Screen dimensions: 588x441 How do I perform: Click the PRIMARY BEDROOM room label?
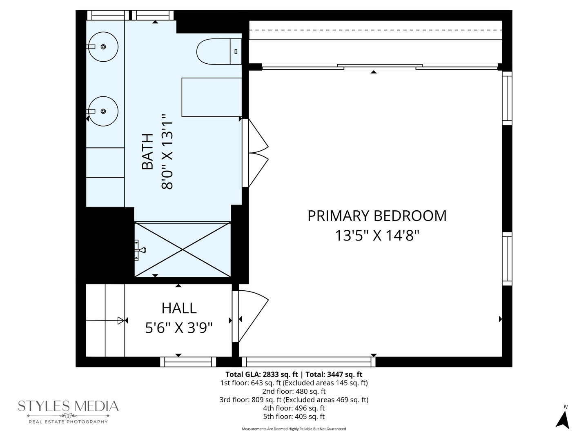click(377, 216)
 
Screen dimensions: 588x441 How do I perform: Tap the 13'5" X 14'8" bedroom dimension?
click(377, 236)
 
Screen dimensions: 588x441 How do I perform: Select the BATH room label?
click(147, 151)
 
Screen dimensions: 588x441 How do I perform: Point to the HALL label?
click(179, 308)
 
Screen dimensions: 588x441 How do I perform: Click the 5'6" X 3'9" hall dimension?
click(179, 328)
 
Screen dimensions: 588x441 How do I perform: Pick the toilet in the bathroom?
click(219, 51)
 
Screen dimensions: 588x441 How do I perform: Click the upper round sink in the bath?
click(103, 47)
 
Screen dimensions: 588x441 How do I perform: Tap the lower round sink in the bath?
click(103, 111)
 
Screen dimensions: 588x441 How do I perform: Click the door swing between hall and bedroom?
click(254, 316)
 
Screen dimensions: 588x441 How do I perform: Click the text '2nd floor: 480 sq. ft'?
click(294, 392)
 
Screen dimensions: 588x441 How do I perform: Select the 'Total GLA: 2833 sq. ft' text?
click(262, 374)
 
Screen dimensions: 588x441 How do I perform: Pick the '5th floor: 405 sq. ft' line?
click(294, 416)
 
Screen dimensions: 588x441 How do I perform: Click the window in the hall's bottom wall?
click(188, 362)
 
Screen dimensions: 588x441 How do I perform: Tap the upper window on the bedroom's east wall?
click(507, 98)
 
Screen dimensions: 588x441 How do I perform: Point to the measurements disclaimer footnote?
click(294, 429)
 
